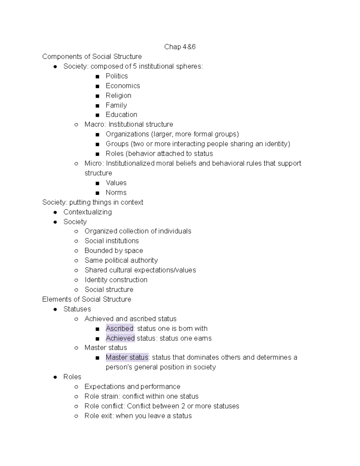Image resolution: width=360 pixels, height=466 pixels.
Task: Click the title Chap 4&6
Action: coord(180,47)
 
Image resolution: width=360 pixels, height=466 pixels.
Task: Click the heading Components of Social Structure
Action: coord(92,56)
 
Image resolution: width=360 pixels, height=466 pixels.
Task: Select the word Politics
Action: coord(117,76)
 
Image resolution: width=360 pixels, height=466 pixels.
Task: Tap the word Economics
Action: coord(123,86)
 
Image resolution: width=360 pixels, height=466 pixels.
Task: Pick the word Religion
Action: coord(118,95)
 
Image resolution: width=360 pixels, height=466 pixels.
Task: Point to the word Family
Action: coord(116,105)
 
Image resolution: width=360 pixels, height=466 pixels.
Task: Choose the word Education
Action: coord(121,115)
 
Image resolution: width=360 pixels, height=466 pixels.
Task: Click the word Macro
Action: coord(94,124)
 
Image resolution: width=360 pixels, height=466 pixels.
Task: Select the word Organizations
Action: coord(127,134)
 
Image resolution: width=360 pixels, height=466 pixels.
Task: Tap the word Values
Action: coord(116,183)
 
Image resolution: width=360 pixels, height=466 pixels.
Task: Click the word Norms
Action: coord(116,192)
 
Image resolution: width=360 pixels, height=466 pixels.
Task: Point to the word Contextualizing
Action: coord(88,212)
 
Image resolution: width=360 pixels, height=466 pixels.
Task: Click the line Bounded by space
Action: coord(114,251)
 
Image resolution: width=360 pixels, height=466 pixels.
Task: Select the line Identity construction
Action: coord(116,280)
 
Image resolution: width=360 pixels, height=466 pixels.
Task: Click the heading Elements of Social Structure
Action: coord(87,299)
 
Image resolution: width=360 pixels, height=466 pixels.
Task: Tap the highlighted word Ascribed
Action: coord(119,328)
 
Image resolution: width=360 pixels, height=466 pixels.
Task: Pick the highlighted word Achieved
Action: coord(120,338)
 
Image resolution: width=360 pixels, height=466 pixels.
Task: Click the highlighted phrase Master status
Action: coord(127,357)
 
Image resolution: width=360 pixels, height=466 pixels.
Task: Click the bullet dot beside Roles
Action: coord(55,377)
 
